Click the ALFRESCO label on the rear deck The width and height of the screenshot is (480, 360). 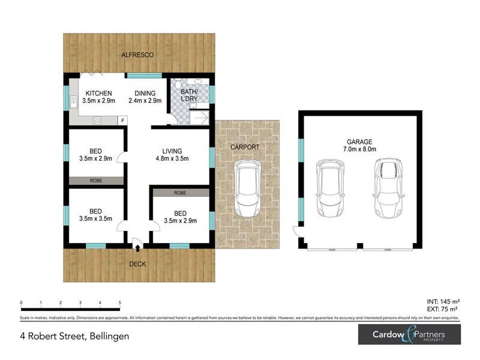[x=137, y=55]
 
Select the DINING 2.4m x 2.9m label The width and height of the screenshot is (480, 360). [x=145, y=97]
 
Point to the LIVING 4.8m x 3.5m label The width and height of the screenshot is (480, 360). [x=172, y=155]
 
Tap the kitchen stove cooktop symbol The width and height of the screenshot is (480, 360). [x=96, y=121]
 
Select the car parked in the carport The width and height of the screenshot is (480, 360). [x=247, y=190]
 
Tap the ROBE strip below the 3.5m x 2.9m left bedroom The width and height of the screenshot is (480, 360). [x=96, y=180]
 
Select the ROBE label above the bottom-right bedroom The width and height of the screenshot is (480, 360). [x=180, y=193]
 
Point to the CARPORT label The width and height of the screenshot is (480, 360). [x=245, y=147]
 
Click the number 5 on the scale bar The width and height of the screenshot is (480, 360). [x=120, y=303]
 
